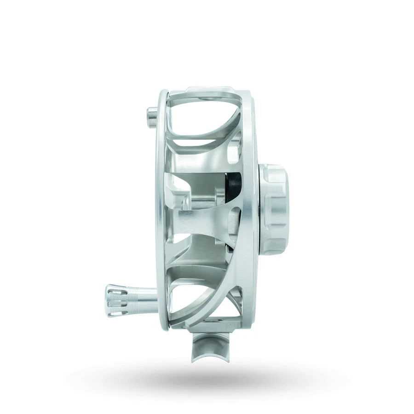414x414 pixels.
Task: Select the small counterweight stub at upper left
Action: pyautogui.click(x=152, y=113)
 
